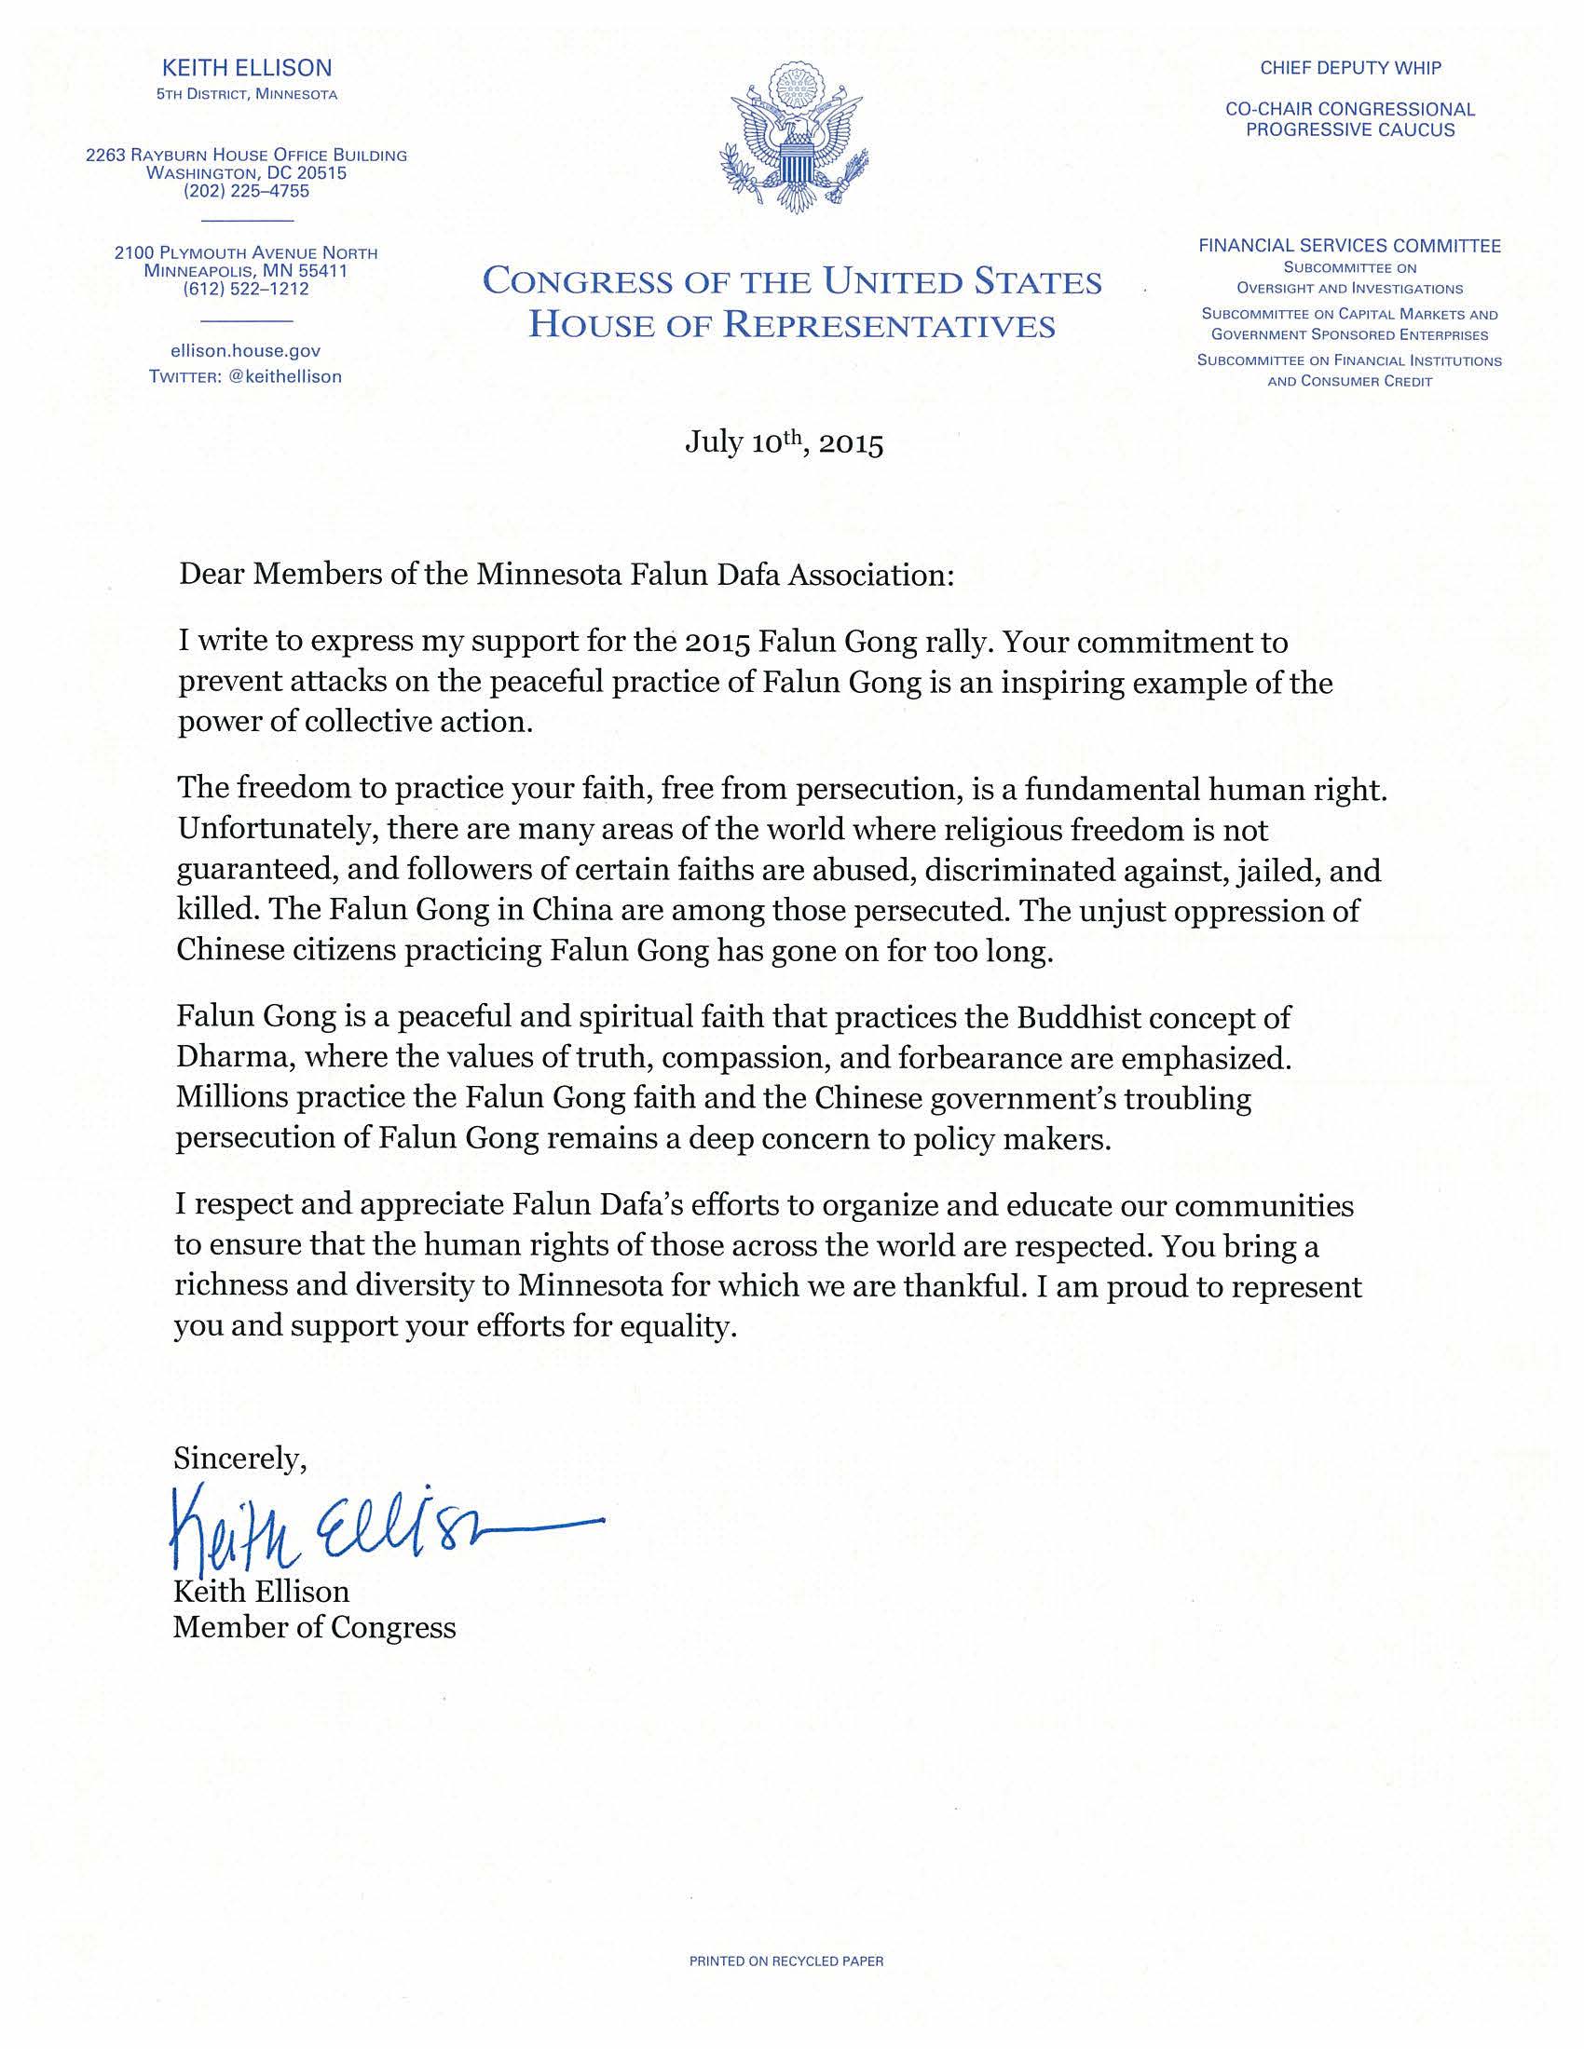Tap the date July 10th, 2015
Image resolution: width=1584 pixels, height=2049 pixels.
(784, 441)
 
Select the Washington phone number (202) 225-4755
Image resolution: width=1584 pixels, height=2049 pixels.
(246, 191)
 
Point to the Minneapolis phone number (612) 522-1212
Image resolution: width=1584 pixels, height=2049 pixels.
(246, 289)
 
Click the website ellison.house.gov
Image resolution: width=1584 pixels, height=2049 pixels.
(246, 351)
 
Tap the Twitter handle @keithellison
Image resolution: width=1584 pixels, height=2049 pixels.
(285, 376)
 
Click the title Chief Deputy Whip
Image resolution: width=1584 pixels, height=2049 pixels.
(1350, 69)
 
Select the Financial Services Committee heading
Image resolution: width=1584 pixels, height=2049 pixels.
(1349, 246)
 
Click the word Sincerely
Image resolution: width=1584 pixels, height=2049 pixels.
(239, 1458)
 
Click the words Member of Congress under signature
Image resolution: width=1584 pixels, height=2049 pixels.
(314, 1627)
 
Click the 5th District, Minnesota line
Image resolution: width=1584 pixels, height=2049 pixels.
(247, 95)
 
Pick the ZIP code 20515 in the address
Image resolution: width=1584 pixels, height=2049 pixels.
(321, 173)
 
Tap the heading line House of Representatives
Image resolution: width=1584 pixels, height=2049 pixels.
(791, 325)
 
